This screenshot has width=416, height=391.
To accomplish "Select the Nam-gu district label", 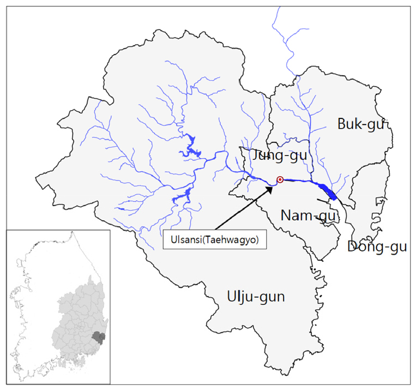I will (309, 215).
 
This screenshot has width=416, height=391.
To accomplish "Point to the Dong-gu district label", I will (377, 246).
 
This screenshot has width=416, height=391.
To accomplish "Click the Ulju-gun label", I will (256, 297).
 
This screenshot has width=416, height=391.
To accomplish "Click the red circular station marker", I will (280, 179).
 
